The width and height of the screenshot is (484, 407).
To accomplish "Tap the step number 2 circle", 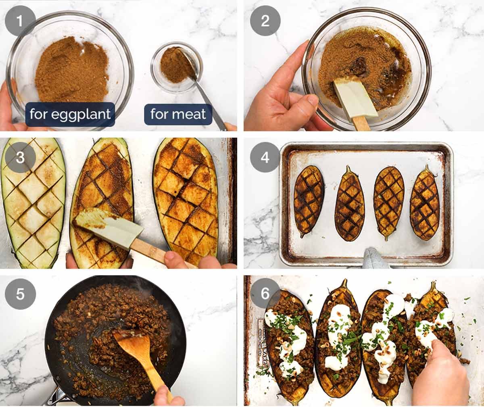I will tap(265, 20).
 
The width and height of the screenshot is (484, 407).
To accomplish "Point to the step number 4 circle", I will tap(265, 157).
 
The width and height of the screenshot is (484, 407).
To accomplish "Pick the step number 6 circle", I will tap(265, 293).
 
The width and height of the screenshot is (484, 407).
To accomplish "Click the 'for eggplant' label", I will tap(70, 114).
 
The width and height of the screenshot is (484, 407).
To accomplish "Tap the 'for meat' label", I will tap(178, 114).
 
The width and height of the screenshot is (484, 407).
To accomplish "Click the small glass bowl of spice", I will tap(173, 67).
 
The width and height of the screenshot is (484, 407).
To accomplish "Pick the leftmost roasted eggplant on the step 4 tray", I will tap(309, 200).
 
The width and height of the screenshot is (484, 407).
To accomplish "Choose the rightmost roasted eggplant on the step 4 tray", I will tap(424, 204).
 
